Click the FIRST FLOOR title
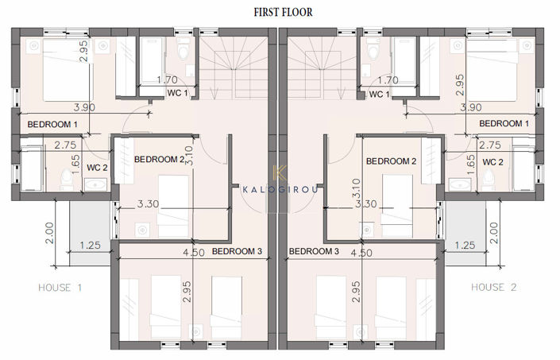click(x=283, y=12)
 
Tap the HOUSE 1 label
click(x=60, y=288)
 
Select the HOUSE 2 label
click(x=493, y=287)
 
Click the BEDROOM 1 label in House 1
click(x=52, y=125)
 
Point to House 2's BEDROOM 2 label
click(x=391, y=161)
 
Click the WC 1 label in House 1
click(x=177, y=93)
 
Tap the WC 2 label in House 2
click(x=492, y=162)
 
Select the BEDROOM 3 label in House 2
click(x=314, y=251)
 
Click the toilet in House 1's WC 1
click(x=183, y=49)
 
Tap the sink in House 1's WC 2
click(x=95, y=184)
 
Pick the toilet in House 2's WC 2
click(x=488, y=180)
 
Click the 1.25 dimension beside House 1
click(x=90, y=246)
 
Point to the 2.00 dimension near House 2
click(x=494, y=233)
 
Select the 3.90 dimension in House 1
click(x=84, y=107)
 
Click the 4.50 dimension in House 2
click(x=361, y=254)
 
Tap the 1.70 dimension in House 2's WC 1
click(x=388, y=80)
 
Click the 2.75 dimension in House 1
click(x=65, y=145)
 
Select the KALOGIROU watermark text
click(x=280, y=189)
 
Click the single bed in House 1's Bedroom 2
click(x=173, y=206)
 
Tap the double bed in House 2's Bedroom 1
click(x=492, y=70)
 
